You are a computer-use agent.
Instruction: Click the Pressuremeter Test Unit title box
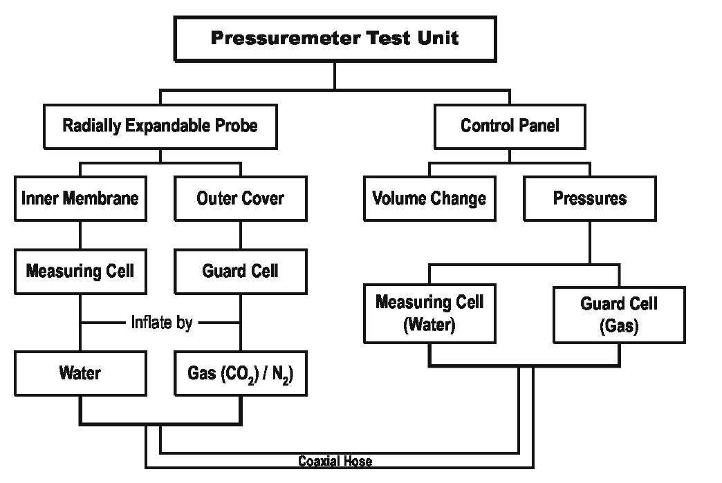coord(335,39)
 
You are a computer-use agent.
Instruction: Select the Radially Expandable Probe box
coord(160,126)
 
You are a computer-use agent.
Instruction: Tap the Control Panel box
coord(510,126)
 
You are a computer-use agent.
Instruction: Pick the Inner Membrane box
coord(80,199)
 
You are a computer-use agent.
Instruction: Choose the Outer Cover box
coord(240,199)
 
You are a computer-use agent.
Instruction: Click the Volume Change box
coord(429,199)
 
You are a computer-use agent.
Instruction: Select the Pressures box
coord(589,199)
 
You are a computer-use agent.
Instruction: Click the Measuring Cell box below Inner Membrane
coord(80,271)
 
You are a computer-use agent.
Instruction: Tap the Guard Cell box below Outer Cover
coord(240,271)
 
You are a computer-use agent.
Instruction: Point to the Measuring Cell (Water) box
coord(429,313)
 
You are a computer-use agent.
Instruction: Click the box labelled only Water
coord(80,373)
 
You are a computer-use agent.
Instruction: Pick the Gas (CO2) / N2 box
coord(240,373)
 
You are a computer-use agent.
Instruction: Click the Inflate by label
coord(161,322)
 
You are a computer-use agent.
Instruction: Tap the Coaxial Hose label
coord(335,461)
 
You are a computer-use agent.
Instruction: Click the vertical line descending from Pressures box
coord(589,242)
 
